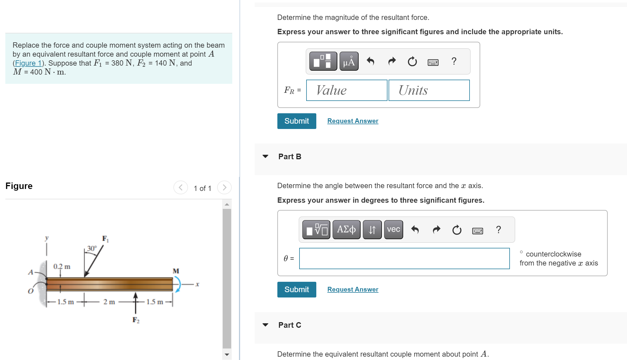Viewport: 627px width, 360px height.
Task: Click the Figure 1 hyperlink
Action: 28,63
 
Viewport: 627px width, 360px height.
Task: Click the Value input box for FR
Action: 347,90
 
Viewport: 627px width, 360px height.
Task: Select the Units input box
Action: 429,90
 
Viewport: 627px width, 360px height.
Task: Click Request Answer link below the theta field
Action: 352,289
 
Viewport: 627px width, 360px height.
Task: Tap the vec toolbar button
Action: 393,230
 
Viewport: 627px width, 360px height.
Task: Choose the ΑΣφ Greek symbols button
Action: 346,230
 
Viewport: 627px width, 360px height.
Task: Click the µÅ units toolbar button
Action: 349,61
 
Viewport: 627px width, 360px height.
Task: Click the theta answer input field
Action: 404,258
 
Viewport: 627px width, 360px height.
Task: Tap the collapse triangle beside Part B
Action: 265,156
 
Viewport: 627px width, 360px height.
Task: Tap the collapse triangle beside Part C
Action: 265,325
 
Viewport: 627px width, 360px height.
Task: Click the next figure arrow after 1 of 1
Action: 224,188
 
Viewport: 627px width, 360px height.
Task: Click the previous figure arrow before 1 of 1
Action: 181,188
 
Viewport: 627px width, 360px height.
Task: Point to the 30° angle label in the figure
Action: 92,248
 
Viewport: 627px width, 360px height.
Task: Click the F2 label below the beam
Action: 136,320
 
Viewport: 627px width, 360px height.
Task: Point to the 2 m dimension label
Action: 109,302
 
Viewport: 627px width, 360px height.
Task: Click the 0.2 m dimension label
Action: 62,266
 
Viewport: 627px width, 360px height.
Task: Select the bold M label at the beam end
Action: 176,271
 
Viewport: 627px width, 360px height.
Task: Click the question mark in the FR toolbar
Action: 454,61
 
